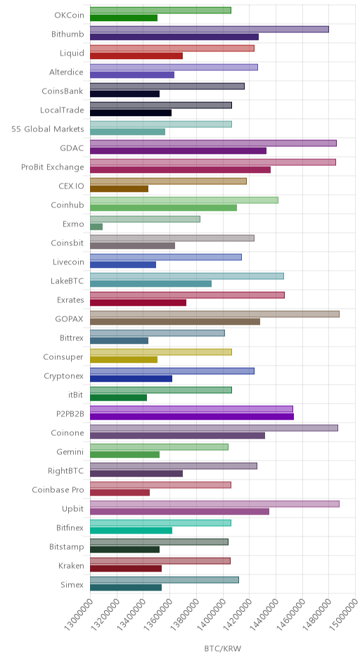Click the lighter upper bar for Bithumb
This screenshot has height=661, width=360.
(x=210, y=30)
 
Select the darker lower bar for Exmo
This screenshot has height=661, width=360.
(x=96, y=227)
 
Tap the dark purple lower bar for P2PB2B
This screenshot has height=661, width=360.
(x=192, y=416)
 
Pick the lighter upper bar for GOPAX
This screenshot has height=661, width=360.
(x=214, y=314)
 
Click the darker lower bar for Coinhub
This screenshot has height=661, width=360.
(x=164, y=208)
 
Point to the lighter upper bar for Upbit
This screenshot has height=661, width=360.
(x=214, y=503)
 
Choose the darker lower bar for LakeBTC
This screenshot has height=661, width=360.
(x=151, y=283)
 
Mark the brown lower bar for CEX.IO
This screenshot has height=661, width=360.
(x=120, y=189)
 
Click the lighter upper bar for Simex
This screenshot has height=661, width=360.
(x=165, y=579)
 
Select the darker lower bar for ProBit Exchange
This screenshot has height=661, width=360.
(x=181, y=170)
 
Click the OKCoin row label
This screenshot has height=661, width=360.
(x=69, y=15)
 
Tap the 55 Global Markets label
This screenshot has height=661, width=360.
(x=48, y=129)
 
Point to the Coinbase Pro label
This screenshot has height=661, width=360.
(x=58, y=490)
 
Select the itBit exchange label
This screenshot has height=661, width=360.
(x=76, y=395)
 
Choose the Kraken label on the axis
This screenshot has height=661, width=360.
(x=71, y=566)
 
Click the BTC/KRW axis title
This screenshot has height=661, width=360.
(x=223, y=649)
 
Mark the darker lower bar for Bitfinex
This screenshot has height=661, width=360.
(x=131, y=530)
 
